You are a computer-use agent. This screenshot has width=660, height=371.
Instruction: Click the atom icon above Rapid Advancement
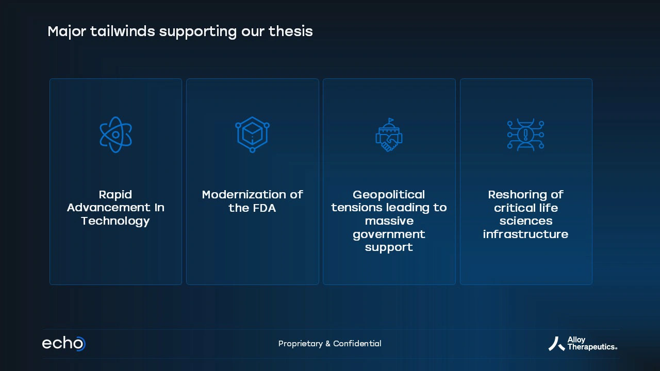click(116, 134)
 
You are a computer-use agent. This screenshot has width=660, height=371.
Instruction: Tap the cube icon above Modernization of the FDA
click(252, 134)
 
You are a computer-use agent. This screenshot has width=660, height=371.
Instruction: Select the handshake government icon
click(389, 135)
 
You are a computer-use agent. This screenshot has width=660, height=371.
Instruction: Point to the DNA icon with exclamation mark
click(525, 135)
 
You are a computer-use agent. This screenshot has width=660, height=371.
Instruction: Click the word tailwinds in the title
click(123, 31)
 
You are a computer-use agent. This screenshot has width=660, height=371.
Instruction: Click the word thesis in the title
click(290, 31)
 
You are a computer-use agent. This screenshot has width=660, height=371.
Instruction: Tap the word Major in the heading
click(67, 31)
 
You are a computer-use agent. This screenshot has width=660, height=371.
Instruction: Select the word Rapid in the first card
click(115, 195)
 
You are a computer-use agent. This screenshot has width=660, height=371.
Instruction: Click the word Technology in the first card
click(115, 221)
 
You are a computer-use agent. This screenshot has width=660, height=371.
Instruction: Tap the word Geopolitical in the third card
click(389, 195)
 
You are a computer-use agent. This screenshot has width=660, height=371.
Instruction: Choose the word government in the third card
click(389, 234)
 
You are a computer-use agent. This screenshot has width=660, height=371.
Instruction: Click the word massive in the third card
click(389, 221)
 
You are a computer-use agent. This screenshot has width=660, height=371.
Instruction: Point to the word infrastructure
click(525, 234)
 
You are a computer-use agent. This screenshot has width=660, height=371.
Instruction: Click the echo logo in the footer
click(64, 343)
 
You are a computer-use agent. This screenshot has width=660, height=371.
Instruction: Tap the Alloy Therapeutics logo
click(583, 344)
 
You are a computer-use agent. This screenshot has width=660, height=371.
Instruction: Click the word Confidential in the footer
click(357, 343)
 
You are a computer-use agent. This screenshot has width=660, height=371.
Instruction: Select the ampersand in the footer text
click(328, 344)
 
